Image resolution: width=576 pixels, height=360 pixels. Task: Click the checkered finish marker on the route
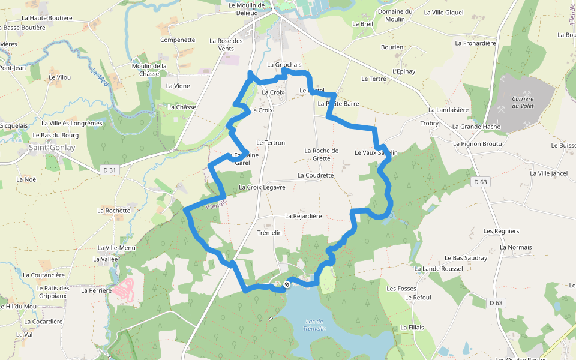[287, 284]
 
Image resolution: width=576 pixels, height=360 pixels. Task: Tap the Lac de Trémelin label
[314, 325]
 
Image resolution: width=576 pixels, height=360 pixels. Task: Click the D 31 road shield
[109, 170]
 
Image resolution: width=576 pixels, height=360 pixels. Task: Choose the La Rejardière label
[303, 216]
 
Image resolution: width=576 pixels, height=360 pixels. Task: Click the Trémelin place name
[269, 232]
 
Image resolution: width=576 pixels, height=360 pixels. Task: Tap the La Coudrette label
[315, 175]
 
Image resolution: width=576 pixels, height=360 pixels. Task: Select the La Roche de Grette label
[322, 154]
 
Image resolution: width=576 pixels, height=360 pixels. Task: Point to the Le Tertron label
[271, 142]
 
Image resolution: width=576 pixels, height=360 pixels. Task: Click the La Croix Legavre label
[262, 187]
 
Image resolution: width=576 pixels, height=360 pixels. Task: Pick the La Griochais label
[284, 64]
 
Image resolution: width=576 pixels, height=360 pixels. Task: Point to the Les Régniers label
[501, 231]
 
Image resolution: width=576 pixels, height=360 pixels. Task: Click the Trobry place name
[430, 123]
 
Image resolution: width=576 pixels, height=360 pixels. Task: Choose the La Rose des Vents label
[226, 44]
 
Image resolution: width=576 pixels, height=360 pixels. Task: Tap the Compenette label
[178, 40]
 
